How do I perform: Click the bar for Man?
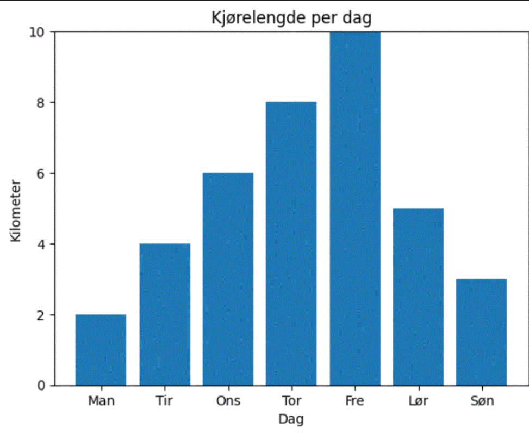tap(101, 350)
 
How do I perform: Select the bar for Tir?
tap(165, 315)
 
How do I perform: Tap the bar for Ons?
tap(228, 279)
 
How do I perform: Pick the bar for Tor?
tap(291, 244)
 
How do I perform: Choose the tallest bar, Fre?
tap(354, 209)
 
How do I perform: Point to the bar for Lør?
tap(418, 297)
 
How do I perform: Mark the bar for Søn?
tap(481, 332)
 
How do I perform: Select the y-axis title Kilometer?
tap(15, 209)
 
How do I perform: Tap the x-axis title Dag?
tap(291, 419)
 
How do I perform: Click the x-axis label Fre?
tap(354, 401)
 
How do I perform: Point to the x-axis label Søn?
tap(481, 401)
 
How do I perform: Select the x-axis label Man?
tap(101, 401)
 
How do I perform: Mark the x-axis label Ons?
tap(228, 401)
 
